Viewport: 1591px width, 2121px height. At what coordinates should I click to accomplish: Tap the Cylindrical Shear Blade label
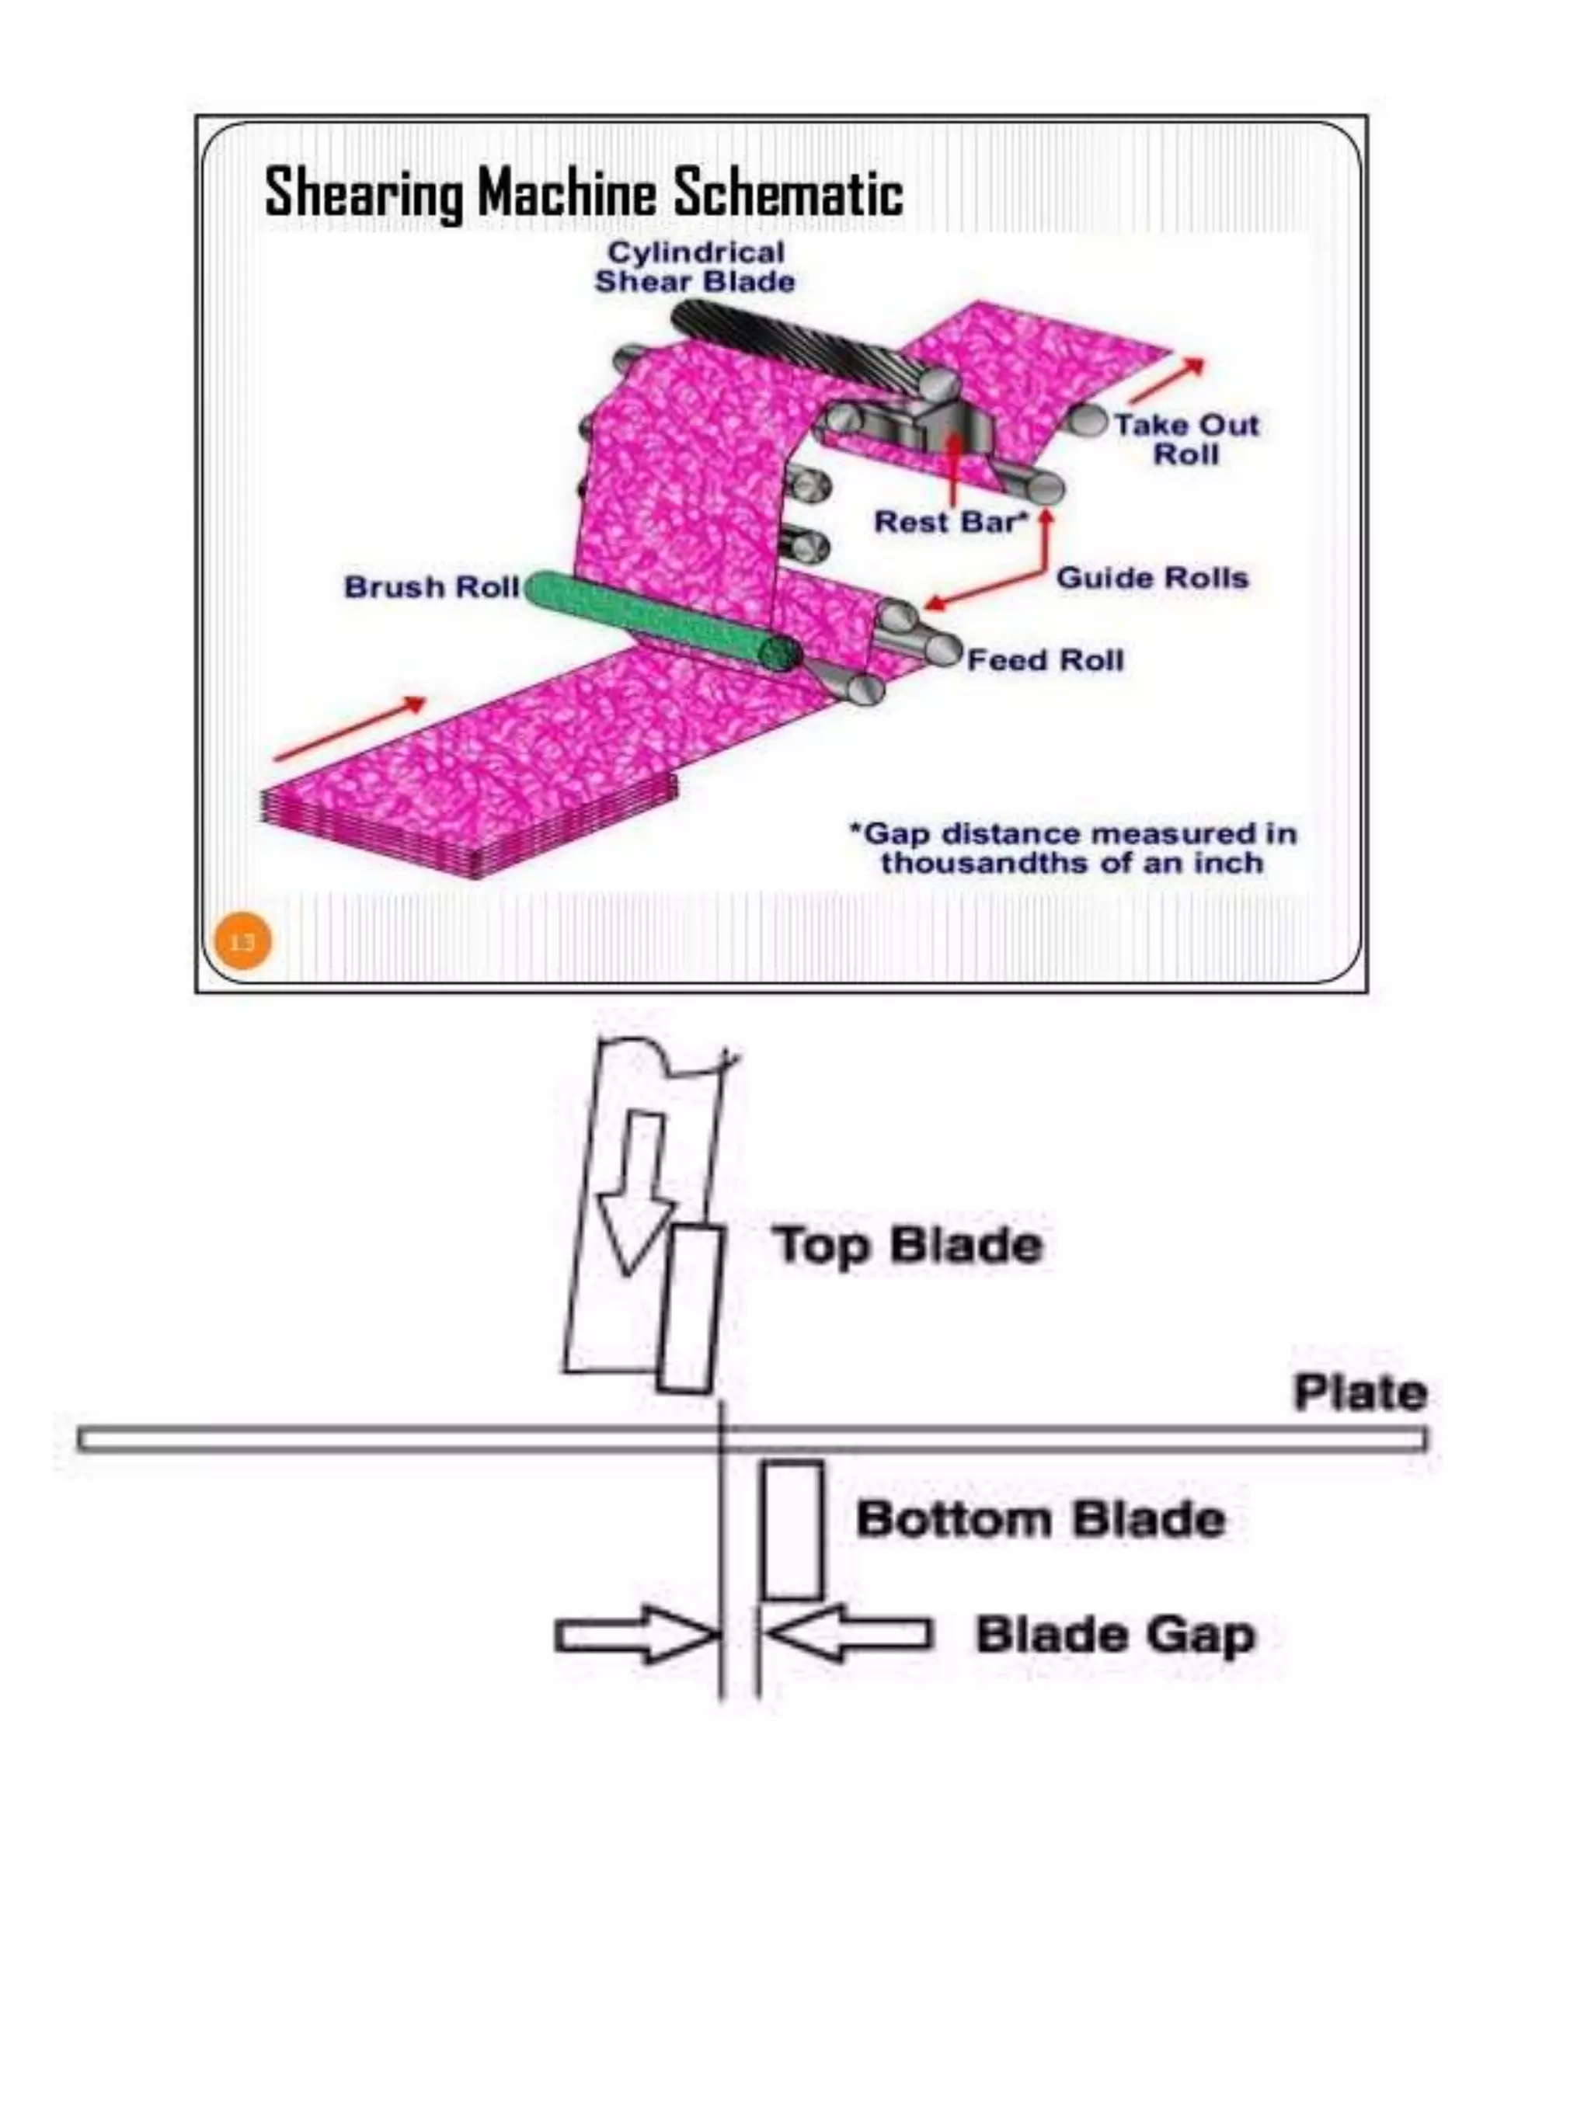pyautogui.click(x=695, y=267)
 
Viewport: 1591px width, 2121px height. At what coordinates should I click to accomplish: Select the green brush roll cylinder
pyautogui.click(x=662, y=621)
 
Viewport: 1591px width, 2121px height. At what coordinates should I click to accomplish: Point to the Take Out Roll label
pyautogui.click(x=1185, y=439)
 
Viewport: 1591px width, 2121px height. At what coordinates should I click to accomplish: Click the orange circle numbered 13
pyautogui.click(x=242, y=941)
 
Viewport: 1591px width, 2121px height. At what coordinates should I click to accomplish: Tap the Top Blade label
pyautogui.click(x=907, y=1246)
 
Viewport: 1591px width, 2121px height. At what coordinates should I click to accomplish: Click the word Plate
pyautogui.click(x=1359, y=1393)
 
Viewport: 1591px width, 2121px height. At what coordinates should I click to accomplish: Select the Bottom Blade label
pyautogui.click(x=1040, y=1520)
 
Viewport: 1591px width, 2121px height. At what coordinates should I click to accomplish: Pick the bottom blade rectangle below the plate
pyautogui.click(x=792, y=1530)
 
